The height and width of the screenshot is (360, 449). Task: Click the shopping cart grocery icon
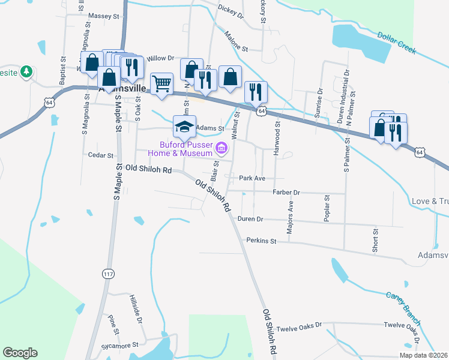162,85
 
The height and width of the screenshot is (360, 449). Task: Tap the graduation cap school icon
185,126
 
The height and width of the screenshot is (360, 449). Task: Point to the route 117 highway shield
108,273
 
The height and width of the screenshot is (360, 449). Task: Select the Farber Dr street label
286,192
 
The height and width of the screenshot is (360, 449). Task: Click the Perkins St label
261,241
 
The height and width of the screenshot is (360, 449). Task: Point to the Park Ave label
252,178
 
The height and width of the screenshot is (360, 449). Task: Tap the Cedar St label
101,155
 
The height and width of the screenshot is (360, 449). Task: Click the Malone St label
236,46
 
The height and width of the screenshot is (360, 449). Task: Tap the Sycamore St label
123,345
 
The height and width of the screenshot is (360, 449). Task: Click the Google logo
20,353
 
